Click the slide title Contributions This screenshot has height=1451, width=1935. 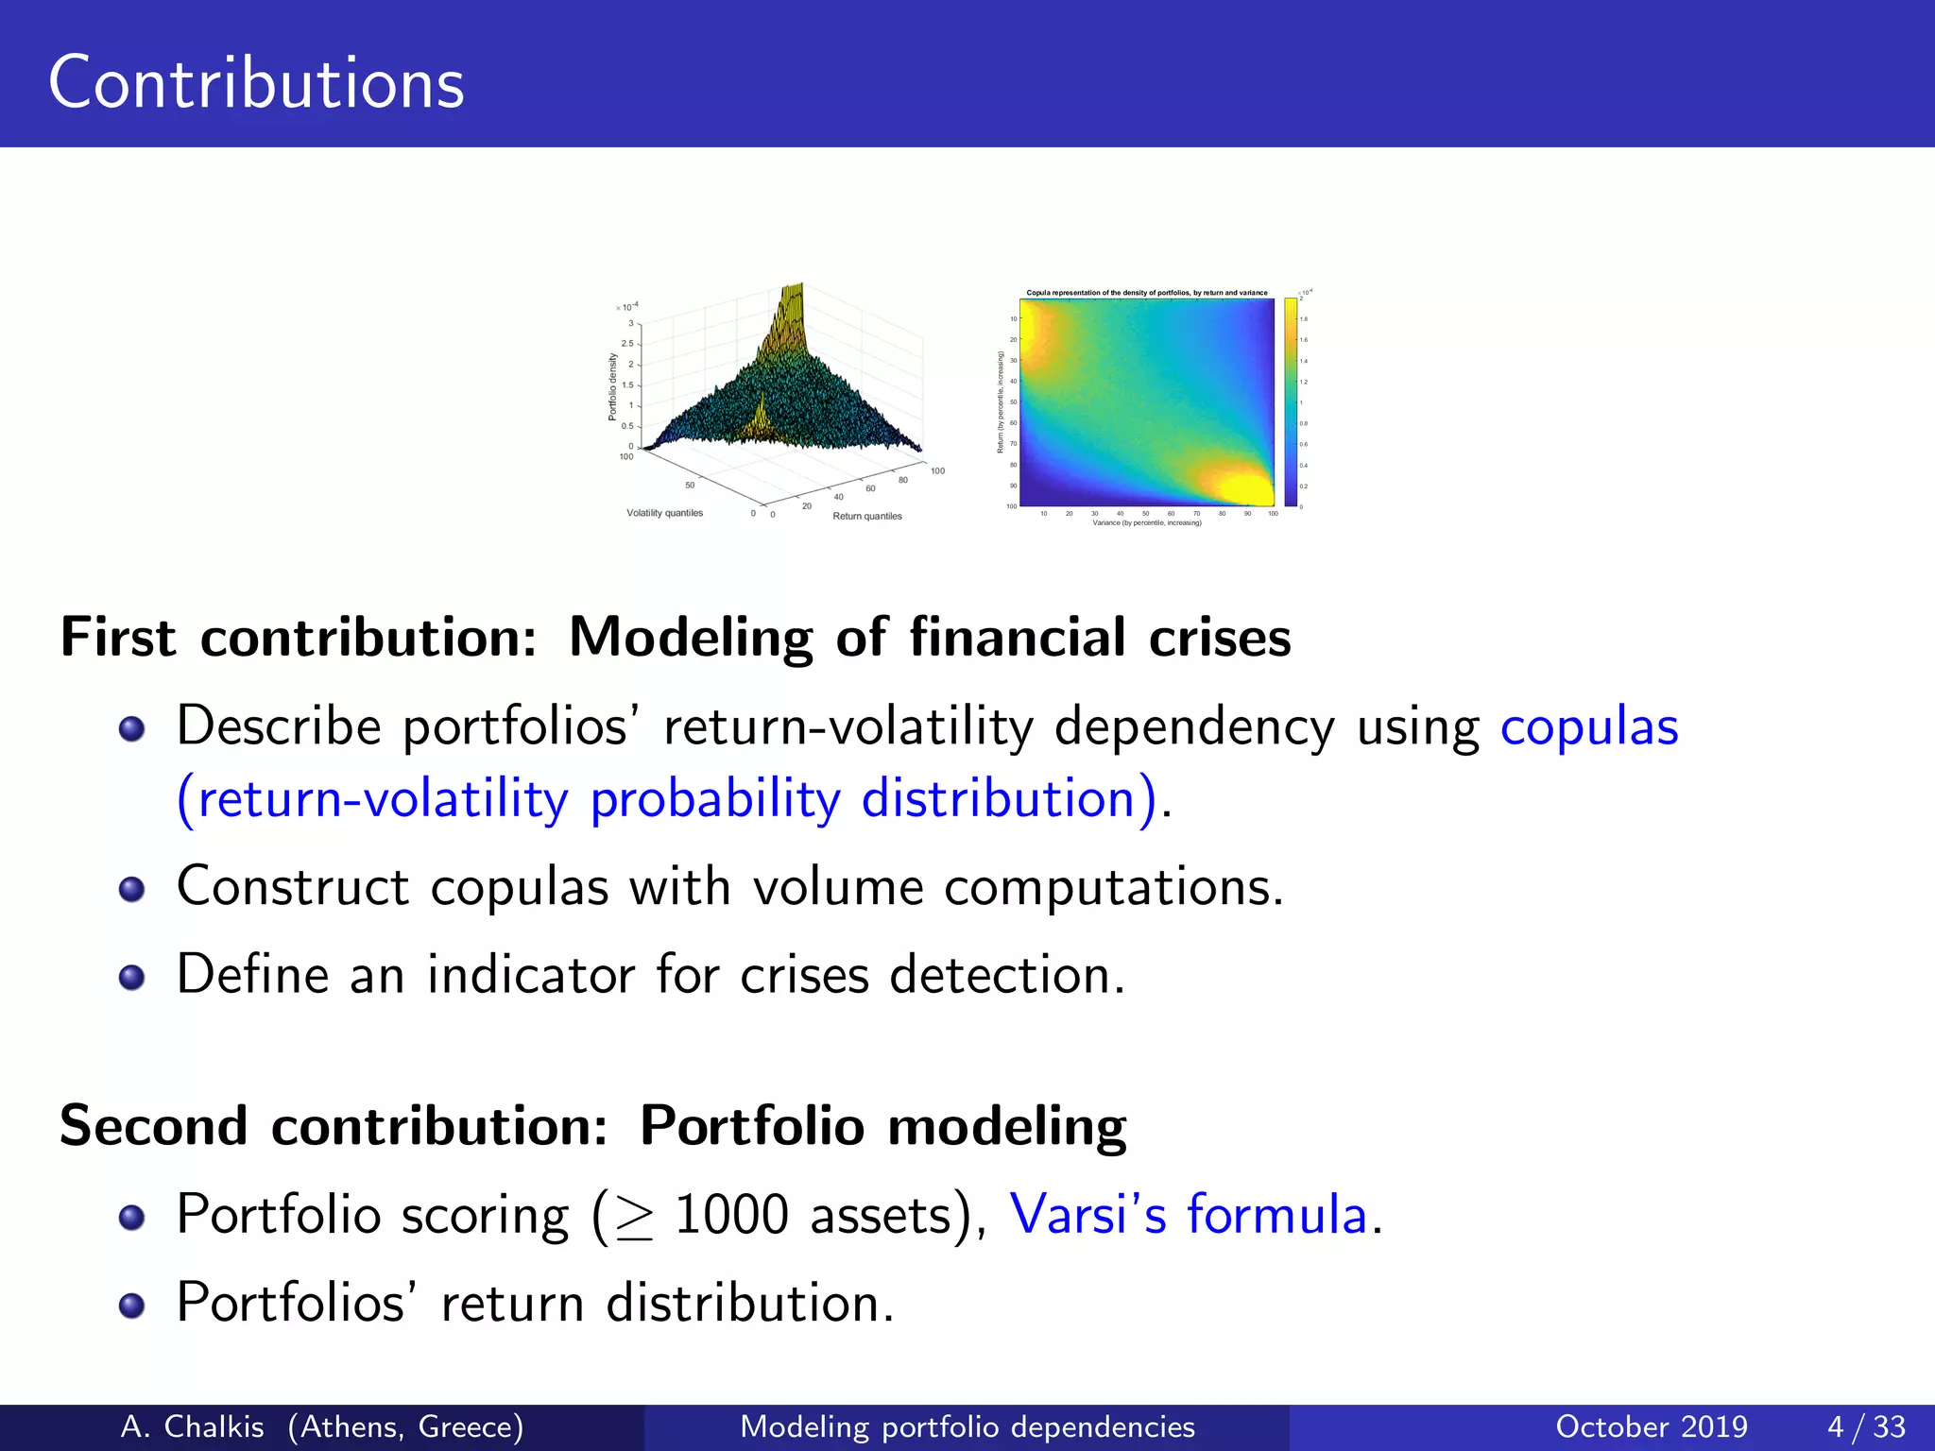pyautogui.click(x=256, y=83)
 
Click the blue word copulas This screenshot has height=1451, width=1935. pyautogui.click(x=1589, y=727)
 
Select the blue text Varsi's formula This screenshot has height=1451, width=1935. pyautogui.click(x=1189, y=1214)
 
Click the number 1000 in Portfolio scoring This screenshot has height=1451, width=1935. pyautogui.click(x=731, y=1215)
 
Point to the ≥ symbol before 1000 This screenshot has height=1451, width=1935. pyautogui.click(x=634, y=1218)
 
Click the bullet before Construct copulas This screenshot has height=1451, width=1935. pyautogui.click(x=131, y=889)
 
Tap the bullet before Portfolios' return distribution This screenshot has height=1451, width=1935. pyautogui.click(x=131, y=1305)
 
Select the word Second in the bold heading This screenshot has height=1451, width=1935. pyautogui.click(x=153, y=1126)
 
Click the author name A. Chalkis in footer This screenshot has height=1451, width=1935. pyautogui.click(x=193, y=1426)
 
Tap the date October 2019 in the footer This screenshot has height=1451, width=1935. pyautogui.click(x=1652, y=1426)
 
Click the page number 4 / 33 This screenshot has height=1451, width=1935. pyautogui.click(x=1866, y=1426)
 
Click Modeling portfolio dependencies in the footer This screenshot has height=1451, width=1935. pyautogui.click(x=967, y=1426)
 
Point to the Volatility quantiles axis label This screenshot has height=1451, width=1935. pyautogui.click(x=664, y=513)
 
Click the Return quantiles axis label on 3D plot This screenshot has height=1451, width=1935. pyautogui.click(x=866, y=516)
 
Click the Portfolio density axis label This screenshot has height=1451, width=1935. pyautogui.click(x=612, y=386)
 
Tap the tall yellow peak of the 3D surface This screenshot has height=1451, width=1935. pyautogui.click(x=792, y=312)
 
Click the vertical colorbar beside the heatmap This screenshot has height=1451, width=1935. pyautogui.click(x=1291, y=402)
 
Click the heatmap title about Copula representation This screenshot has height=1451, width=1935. pyautogui.click(x=1147, y=293)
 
